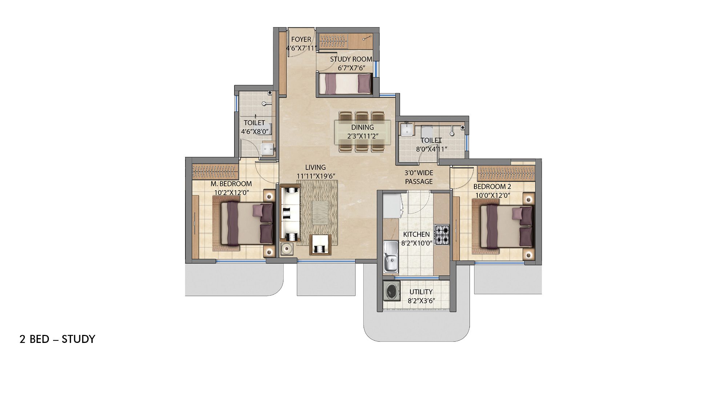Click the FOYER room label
[301, 39]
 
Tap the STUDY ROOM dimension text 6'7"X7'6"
[351, 68]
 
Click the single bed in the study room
[345, 84]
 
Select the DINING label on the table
[362, 127]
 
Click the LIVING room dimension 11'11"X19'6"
[316, 176]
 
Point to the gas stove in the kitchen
[442, 235]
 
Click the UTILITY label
[421, 292]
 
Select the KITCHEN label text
[416, 235]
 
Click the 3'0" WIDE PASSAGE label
[419, 177]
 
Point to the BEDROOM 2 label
[492, 187]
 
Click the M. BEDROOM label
[231, 184]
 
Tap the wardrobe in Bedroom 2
[506, 173]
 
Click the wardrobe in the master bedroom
[215, 172]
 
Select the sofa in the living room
[290, 213]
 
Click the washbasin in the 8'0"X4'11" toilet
[406, 130]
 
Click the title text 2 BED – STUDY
[57, 339]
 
